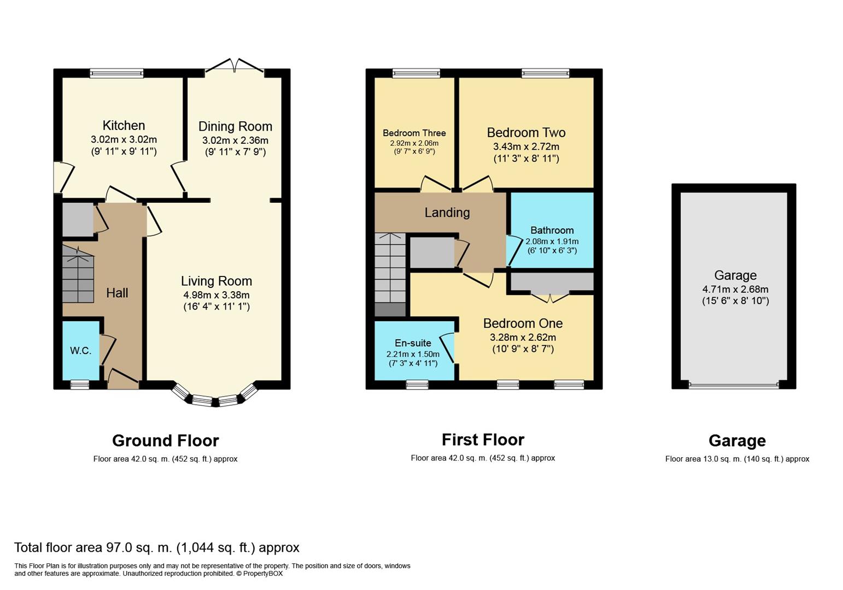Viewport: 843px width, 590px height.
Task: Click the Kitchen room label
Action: click(124, 125)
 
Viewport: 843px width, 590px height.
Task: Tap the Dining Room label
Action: click(235, 126)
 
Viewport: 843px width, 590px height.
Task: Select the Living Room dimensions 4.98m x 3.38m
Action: click(216, 295)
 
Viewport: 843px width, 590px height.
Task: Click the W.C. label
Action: click(80, 351)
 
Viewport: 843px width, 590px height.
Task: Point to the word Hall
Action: click(117, 293)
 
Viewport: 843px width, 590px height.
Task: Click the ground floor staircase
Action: click(78, 274)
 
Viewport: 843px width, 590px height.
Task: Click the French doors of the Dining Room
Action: click(234, 66)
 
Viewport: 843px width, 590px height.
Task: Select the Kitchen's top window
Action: click(116, 73)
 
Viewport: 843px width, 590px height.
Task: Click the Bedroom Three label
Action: click(414, 133)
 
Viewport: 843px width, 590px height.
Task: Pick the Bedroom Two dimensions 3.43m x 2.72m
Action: click(526, 146)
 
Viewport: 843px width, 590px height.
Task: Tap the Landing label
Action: click(447, 213)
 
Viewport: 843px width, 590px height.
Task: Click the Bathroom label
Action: click(552, 230)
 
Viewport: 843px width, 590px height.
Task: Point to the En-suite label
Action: click(413, 343)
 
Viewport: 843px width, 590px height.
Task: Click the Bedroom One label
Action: click(523, 323)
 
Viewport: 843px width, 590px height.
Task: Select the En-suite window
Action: click(417, 385)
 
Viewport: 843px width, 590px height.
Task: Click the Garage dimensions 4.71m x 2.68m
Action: click(735, 289)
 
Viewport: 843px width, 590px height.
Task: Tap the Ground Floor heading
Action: click(166, 441)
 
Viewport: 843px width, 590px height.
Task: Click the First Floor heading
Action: click(483, 440)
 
